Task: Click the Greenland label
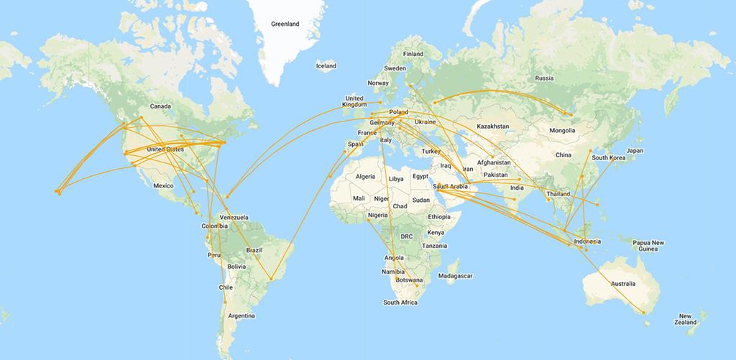coord(285,24)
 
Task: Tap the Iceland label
coord(326,66)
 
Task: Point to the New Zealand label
coord(686,319)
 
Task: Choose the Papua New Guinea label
coord(648,245)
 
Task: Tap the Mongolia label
coord(562,131)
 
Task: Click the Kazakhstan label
coord(492,126)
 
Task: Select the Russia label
coord(544,78)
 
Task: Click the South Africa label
coord(400,303)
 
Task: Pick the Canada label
coord(160,106)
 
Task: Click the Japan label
coord(634,151)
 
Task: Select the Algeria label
coord(367,176)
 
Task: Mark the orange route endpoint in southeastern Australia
coord(643,312)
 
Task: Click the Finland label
coord(413,54)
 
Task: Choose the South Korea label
coord(606,157)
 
